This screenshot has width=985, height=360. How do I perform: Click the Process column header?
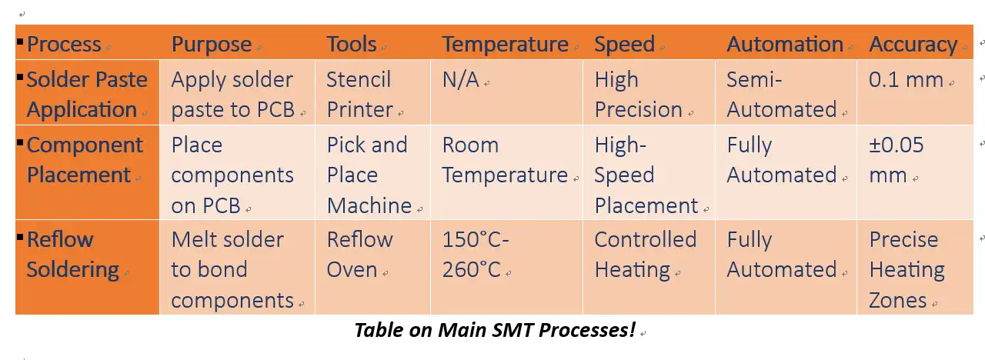pos(64,45)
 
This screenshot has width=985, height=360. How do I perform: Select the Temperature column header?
pos(505,45)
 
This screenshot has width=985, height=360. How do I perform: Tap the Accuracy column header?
pos(913,45)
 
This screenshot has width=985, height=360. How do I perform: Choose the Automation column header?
pos(785,45)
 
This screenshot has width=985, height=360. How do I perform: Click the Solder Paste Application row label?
pos(86,95)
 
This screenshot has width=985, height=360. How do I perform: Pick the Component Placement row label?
pos(85,160)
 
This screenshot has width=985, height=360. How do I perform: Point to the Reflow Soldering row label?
pos(73,255)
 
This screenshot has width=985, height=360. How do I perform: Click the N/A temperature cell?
pos(461,80)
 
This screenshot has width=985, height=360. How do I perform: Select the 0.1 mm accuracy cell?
pos(906,80)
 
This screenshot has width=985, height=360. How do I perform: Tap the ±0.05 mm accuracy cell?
pos(897,160)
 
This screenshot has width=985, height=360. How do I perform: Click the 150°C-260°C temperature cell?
pos(476,255)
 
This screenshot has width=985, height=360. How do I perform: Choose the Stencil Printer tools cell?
pos(359,95)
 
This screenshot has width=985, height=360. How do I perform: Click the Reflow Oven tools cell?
pos(359,255)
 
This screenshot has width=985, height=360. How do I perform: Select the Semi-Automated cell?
pos(781,95)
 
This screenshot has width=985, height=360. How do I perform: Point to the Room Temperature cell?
pos(505,160)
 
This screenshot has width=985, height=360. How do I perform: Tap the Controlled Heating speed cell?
pos(645,255)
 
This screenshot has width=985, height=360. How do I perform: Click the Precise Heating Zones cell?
pos(907,269)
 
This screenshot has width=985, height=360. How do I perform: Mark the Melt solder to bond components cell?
pos(232,269)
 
